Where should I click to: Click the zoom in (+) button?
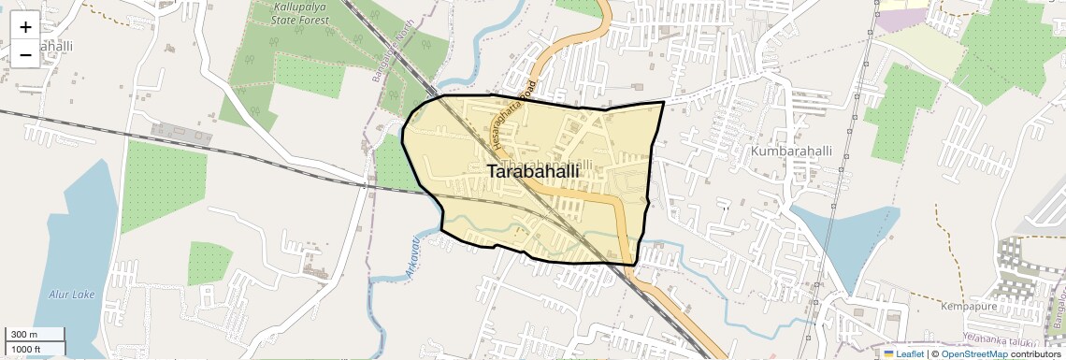[x=25, y=26]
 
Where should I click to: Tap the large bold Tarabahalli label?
[x=533, y=172]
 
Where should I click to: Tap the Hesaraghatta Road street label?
[x=518, y=117]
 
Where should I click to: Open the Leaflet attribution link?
[x=910, y=353]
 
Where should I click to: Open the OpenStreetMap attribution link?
[x=973, y=353]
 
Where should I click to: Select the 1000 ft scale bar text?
[x=26, y=350]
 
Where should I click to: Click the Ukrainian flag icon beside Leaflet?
[x=888, y=353]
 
